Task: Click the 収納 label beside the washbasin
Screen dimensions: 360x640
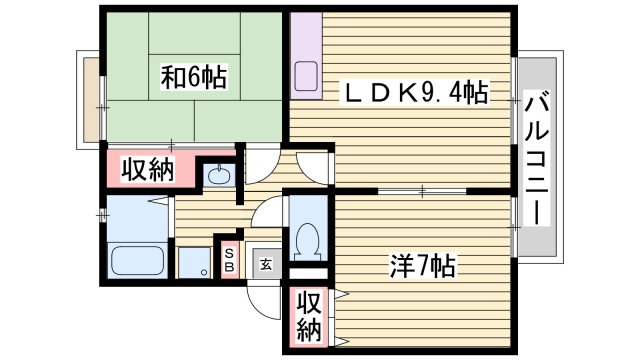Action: [147, 170]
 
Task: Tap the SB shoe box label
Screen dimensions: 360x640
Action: [229, 260]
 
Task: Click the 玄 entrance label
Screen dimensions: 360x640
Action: [266, 264]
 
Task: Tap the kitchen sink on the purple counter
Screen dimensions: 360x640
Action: [306, 76]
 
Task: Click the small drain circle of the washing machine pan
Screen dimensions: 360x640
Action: [203, 271]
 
